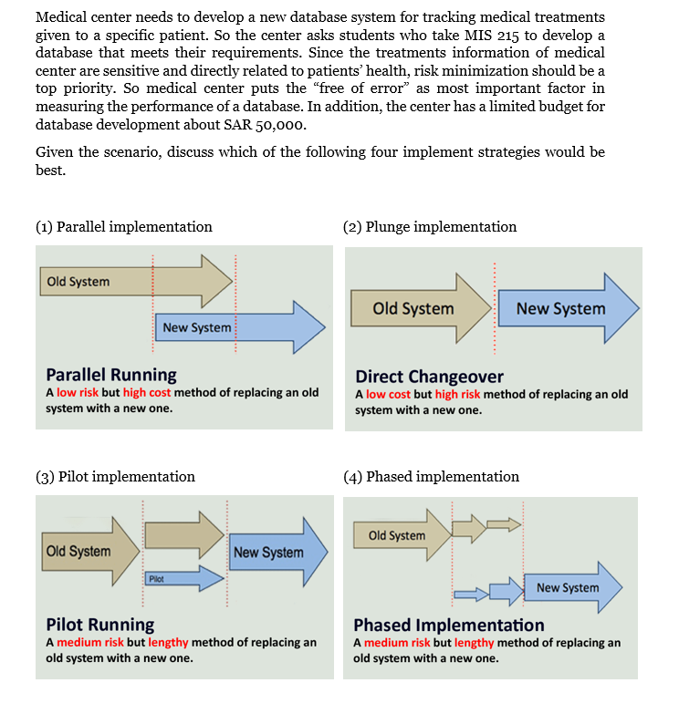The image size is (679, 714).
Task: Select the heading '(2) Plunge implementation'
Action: coord(430,227)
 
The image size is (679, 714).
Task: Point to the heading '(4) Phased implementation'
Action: coord(431,477)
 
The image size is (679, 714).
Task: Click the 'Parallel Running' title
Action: coord(111,375)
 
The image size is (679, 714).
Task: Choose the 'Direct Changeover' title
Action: coord(429,377)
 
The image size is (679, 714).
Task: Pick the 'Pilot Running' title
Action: coord(100,625)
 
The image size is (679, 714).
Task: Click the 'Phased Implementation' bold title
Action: coord(449,626)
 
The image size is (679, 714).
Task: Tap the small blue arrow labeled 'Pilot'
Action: coord(183,578)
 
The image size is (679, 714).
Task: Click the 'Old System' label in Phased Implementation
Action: coord(397,535)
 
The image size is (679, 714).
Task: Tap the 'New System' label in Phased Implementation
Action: coord(568,587)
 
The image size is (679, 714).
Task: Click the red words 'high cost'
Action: coord(147,393)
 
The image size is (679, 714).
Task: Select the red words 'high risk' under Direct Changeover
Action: coord(459,395)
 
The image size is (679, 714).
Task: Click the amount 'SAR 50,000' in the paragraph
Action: coord(271,126)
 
